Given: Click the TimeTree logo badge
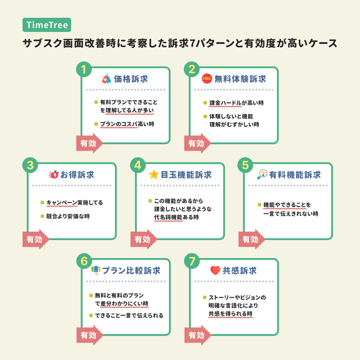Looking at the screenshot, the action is [47, 25].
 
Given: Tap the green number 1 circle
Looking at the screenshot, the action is [84, 69].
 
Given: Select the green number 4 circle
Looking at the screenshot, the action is [138, 165].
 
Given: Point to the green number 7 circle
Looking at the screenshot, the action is [192, 261].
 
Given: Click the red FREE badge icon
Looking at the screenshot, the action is [207, 78].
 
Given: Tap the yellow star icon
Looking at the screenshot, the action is [153, 175].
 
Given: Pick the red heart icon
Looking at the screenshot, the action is [216, 270].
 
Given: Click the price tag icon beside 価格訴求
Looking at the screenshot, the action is [106, 78].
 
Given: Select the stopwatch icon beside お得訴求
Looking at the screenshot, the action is [54, 175].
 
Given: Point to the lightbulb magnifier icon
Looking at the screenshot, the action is [262, 174].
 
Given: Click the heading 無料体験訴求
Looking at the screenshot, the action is [240, 79].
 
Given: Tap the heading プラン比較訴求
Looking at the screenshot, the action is [131, 270].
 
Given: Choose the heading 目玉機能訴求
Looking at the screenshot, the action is [186, 175].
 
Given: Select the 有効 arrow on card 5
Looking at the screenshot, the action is [252, 239].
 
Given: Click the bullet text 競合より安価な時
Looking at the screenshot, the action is [68, 216].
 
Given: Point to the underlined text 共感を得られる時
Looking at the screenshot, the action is [230, 314].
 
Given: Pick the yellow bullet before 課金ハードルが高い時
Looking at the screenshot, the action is [205, 103].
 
